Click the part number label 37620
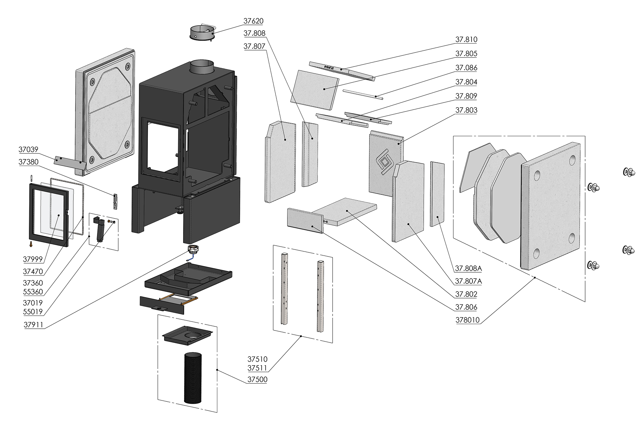[x=253, y=21]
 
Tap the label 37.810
[x=466, y=40]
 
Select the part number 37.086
[x=466, y=68]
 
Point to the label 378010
[x=468, y=320]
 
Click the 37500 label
[x=257, y=380]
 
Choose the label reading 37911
[x=33, y=325]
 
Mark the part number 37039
[x=28, y=149]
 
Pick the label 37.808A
[x=468, y=268]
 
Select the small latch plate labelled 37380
[x=115, y=202]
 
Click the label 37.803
[x=466, y=110]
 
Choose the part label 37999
[x=33, y=259]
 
